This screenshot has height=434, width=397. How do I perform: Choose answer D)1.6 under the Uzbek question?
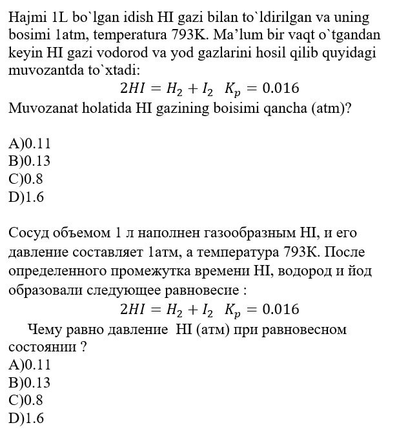(26, 198)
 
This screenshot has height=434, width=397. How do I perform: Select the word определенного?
(57, 270)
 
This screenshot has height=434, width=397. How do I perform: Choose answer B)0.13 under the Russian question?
(29, 382)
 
